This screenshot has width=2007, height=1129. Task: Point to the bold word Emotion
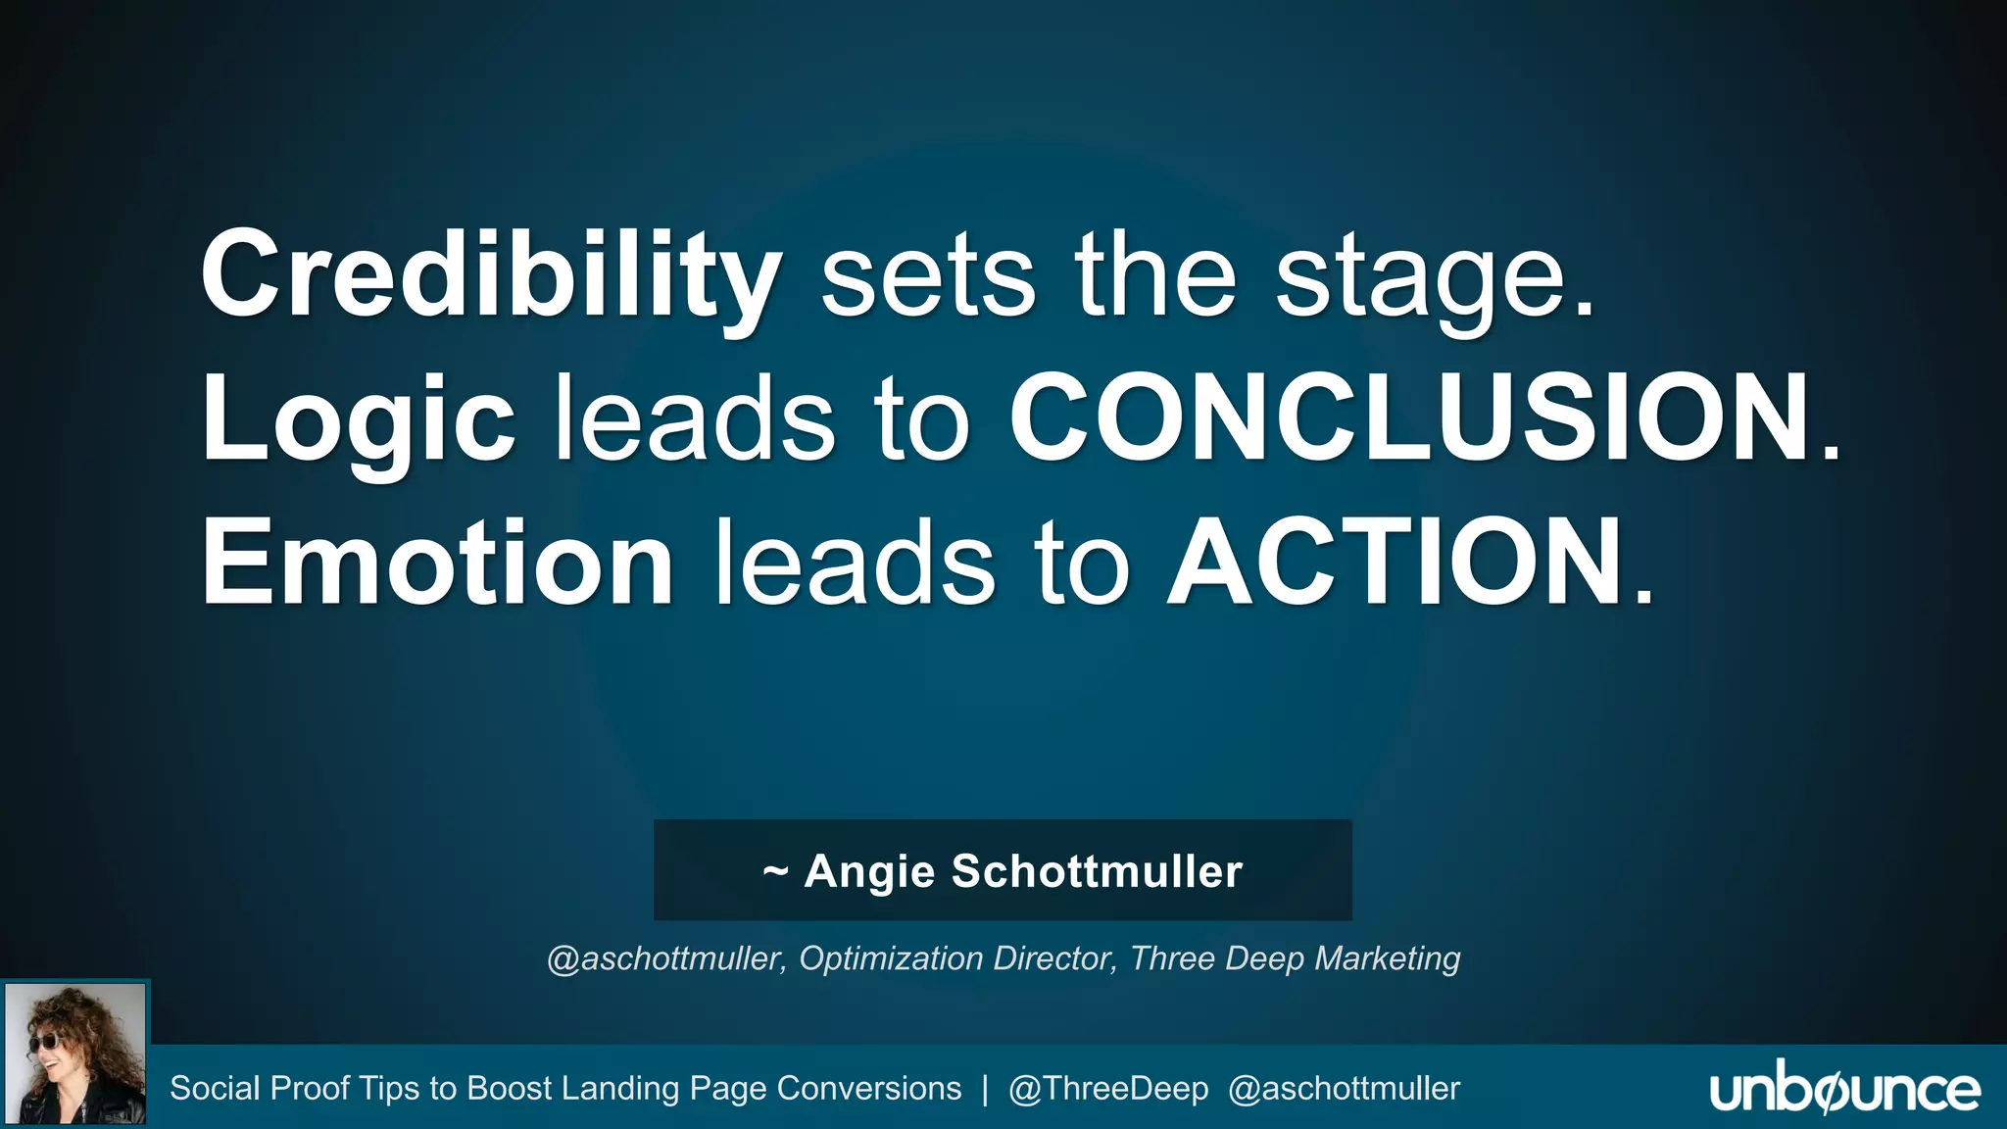point(437,564)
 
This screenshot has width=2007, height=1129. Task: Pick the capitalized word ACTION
point(1395,564)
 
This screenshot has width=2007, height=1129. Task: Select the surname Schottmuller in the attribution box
point(1097,871)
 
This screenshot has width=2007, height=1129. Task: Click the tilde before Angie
point(775,871)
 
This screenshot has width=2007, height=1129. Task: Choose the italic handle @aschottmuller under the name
point(665,958)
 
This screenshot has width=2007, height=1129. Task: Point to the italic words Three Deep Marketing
point(1295,958)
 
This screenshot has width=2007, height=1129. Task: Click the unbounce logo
point(1844,1090)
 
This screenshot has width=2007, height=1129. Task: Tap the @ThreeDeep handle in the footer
point(1107,1089)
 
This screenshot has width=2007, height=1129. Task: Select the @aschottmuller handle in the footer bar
point(1344,1089)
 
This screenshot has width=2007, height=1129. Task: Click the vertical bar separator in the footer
point(985,1089)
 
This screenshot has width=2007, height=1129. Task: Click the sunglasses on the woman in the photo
point(44,1042)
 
